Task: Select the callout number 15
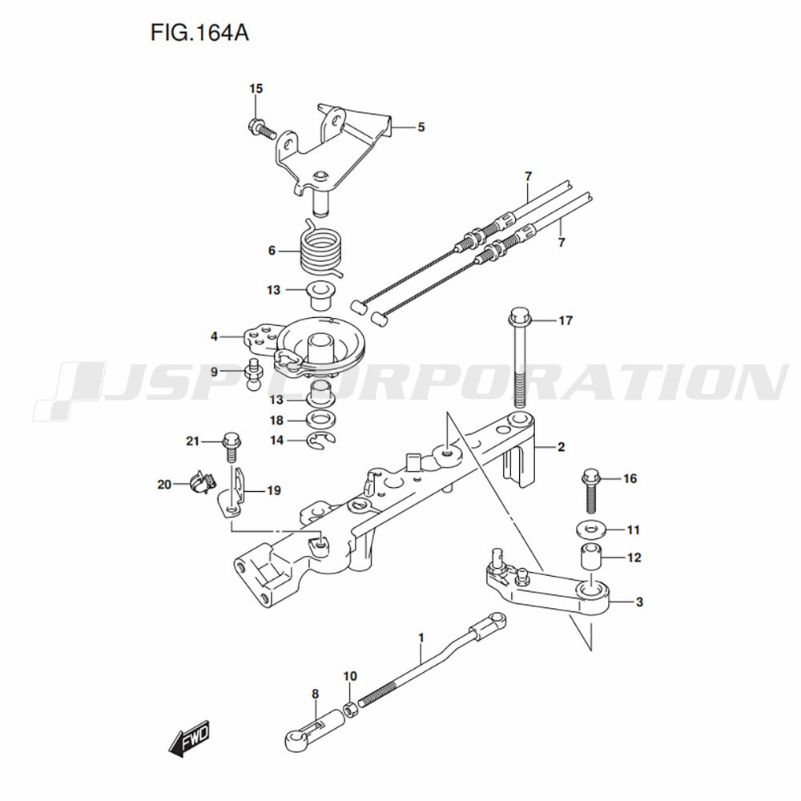pos(256,89)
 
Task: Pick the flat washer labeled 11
pos(589,529)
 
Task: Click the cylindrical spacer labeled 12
pos(589,556)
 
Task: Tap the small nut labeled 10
pos(350,708)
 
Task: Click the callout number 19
pos(274,491)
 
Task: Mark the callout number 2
pos(561,447)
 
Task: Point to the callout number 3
pos(639,601)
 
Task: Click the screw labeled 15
pos(261,127)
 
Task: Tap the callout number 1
pos(421,638)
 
